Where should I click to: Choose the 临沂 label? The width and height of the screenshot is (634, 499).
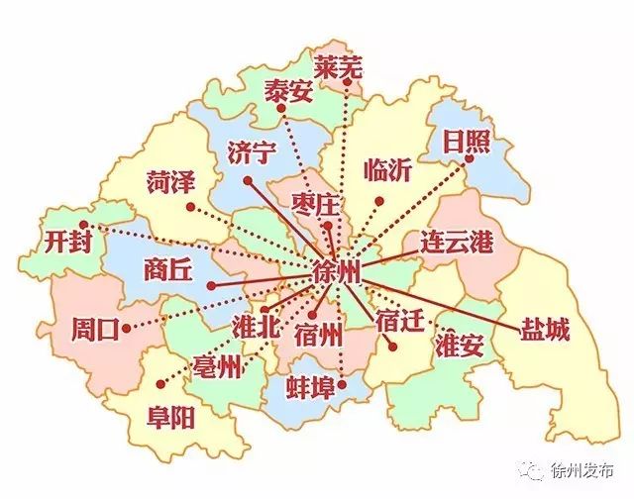point(387,169)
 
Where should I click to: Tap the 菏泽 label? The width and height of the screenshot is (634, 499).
point(171,182)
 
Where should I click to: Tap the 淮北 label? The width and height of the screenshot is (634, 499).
point(255,328)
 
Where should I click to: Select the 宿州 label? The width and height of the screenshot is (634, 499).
point(319,333)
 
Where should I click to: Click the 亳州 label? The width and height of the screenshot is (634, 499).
point(218,368)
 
